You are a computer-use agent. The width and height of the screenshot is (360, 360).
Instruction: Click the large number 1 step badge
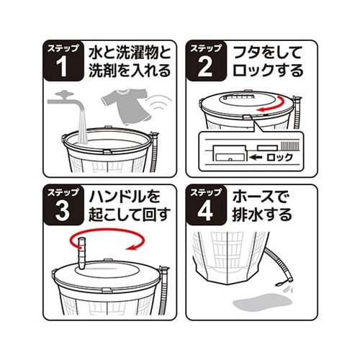pos(63,61)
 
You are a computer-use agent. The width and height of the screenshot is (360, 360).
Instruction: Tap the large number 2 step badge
pos(207,61)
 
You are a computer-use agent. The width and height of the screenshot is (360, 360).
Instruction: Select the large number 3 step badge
pos(63,205)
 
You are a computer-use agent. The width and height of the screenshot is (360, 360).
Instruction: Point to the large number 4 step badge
pos(207,205)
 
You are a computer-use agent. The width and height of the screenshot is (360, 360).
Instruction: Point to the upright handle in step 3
pos(81,253)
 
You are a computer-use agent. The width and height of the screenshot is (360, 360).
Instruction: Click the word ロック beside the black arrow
pos(280,158)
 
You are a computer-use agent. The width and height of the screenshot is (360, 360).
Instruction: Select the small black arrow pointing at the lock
pos(256,158)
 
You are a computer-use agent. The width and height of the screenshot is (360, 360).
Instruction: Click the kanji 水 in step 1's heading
pos(96,53)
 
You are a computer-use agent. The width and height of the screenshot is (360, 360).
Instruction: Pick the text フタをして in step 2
pos(268,53)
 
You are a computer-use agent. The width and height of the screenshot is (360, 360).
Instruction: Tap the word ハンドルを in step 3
pos(125,197)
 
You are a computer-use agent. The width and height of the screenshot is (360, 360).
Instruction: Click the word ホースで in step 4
pos(261,197)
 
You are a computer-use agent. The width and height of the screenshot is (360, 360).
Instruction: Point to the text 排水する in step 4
pos(262,215)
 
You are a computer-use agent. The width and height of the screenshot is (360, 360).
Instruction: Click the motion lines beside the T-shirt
pos(159,102)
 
